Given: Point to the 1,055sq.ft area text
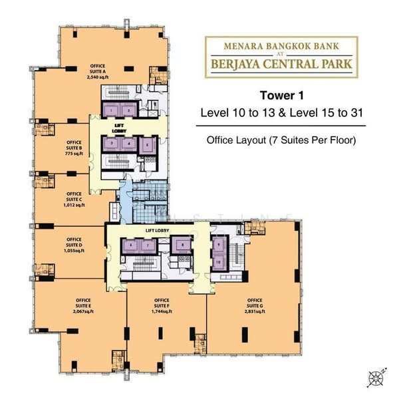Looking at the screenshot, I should coord(74,251).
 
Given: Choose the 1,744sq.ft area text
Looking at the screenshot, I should coord(162,311).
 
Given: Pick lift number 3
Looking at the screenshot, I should coord(114,143).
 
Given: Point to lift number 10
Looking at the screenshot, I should coord(219,261).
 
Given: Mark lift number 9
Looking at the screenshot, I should coord(219,244).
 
